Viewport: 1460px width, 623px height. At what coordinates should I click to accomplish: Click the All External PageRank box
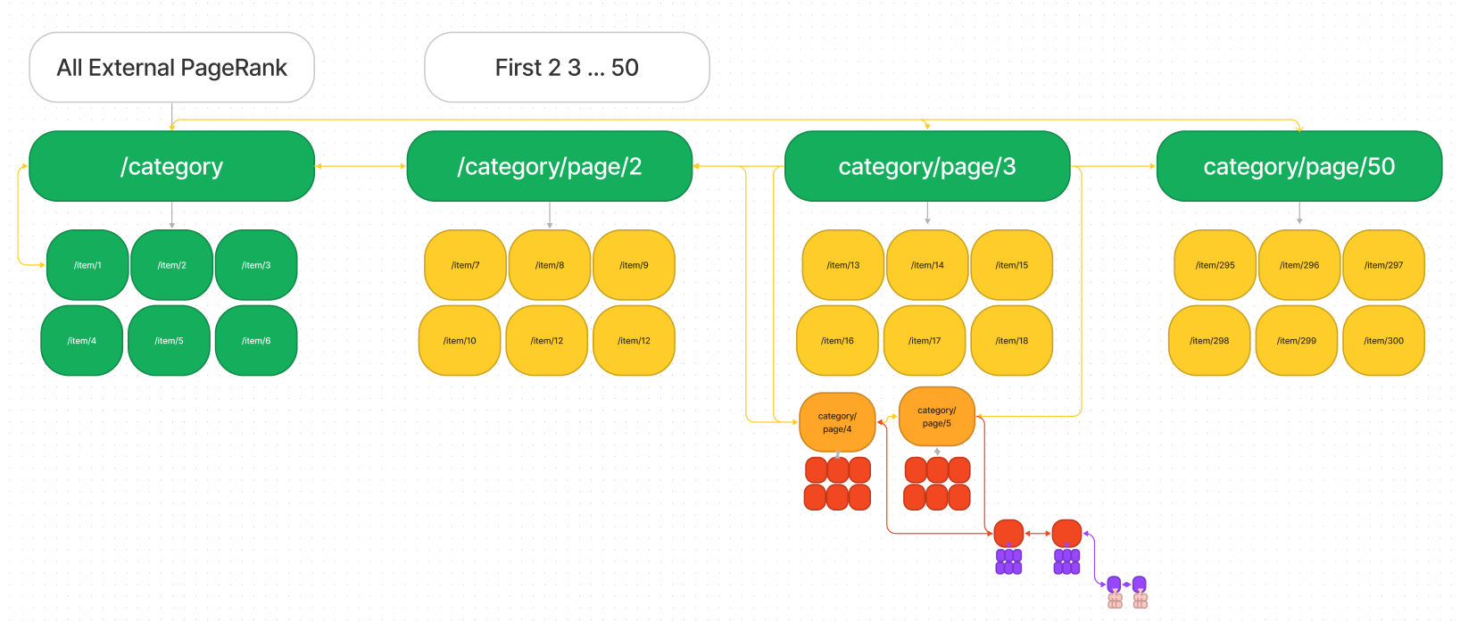(171, 68)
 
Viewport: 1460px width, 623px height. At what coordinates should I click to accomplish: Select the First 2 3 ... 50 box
(567, 68)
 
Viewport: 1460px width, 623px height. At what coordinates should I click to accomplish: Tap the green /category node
(171, 167)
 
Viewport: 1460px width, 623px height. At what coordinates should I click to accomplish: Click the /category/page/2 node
(549, 167)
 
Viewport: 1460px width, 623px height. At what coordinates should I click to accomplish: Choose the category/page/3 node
(926, 167)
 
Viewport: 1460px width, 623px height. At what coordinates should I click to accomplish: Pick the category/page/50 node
(1298, 167)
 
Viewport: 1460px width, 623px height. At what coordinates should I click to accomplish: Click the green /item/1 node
(87, 265)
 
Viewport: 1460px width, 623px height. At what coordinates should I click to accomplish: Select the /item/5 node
(169, 341)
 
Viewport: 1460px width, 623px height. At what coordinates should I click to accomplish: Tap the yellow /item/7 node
(465, 265)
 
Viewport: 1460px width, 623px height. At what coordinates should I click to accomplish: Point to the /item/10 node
(460, 341)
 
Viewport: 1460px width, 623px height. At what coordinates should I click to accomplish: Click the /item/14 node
(927, 265)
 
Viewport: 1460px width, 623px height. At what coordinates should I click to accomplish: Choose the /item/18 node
(1011, 341)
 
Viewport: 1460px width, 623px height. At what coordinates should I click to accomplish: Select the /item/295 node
(1215, 265)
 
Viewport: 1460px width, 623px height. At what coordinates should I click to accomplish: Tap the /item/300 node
(1383, 341)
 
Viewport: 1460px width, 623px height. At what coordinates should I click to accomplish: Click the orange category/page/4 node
(837, 422)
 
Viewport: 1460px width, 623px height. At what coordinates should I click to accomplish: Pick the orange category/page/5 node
(936, 417)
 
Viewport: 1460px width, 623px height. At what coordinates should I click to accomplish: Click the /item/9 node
(634, 265)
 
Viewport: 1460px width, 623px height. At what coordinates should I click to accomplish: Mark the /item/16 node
(837, 341)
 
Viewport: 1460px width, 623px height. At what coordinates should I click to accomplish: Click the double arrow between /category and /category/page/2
(361, 166)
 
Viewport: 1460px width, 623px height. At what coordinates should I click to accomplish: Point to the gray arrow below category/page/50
(1298, 215)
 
